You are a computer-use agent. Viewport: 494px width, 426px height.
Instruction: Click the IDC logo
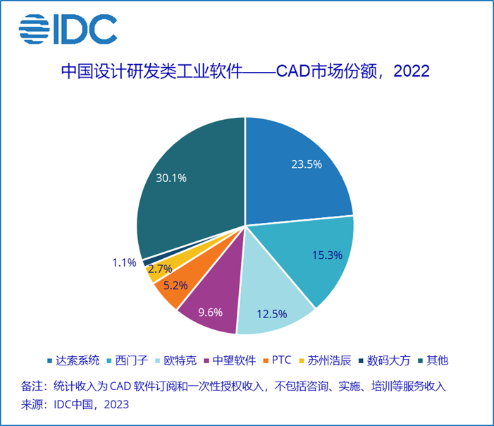[68, 29]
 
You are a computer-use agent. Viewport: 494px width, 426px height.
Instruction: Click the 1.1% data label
[123, 262]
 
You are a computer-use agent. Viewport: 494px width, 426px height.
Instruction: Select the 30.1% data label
[171, 178]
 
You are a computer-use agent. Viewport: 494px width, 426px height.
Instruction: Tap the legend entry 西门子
[130, 360]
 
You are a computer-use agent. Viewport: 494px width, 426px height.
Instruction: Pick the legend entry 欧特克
[178, 360]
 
